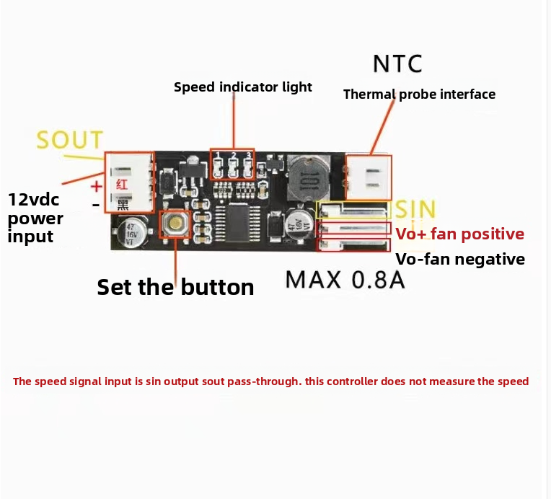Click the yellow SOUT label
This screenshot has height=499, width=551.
69,139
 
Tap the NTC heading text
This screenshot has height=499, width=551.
397,64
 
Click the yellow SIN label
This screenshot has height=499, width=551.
415,208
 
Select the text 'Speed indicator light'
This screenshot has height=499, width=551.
243,87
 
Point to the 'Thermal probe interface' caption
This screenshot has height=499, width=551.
419,94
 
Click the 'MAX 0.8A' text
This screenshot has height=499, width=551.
345,280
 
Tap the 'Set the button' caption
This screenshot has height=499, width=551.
175,287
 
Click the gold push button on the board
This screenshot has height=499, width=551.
175,223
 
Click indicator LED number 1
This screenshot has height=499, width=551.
218,168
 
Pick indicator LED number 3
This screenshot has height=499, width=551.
248,168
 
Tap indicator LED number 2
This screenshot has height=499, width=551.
233,168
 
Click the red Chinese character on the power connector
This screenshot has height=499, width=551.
122,185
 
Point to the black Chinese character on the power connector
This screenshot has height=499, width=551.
123,205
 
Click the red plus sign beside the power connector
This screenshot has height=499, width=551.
96,186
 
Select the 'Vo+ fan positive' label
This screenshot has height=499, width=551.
459,234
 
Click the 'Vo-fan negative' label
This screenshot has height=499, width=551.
460,260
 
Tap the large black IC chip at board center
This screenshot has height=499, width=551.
237,221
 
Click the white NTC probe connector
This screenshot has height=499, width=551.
369,178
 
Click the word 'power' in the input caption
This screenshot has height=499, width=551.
35,219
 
